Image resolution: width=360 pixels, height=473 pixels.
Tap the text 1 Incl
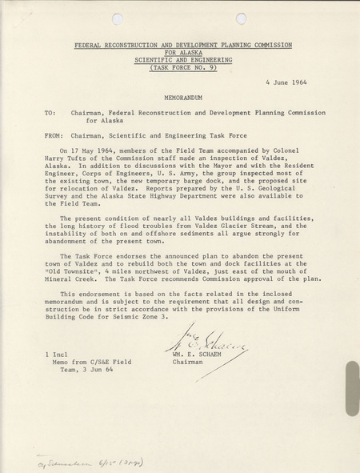57,353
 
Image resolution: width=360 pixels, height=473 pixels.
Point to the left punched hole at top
118,18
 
